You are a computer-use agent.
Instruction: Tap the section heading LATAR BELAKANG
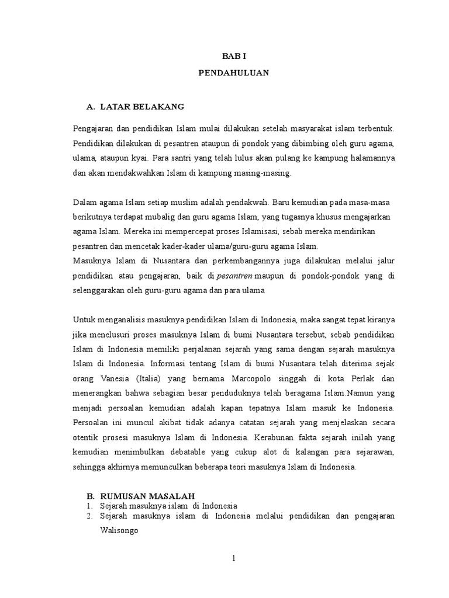coord(142,106)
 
